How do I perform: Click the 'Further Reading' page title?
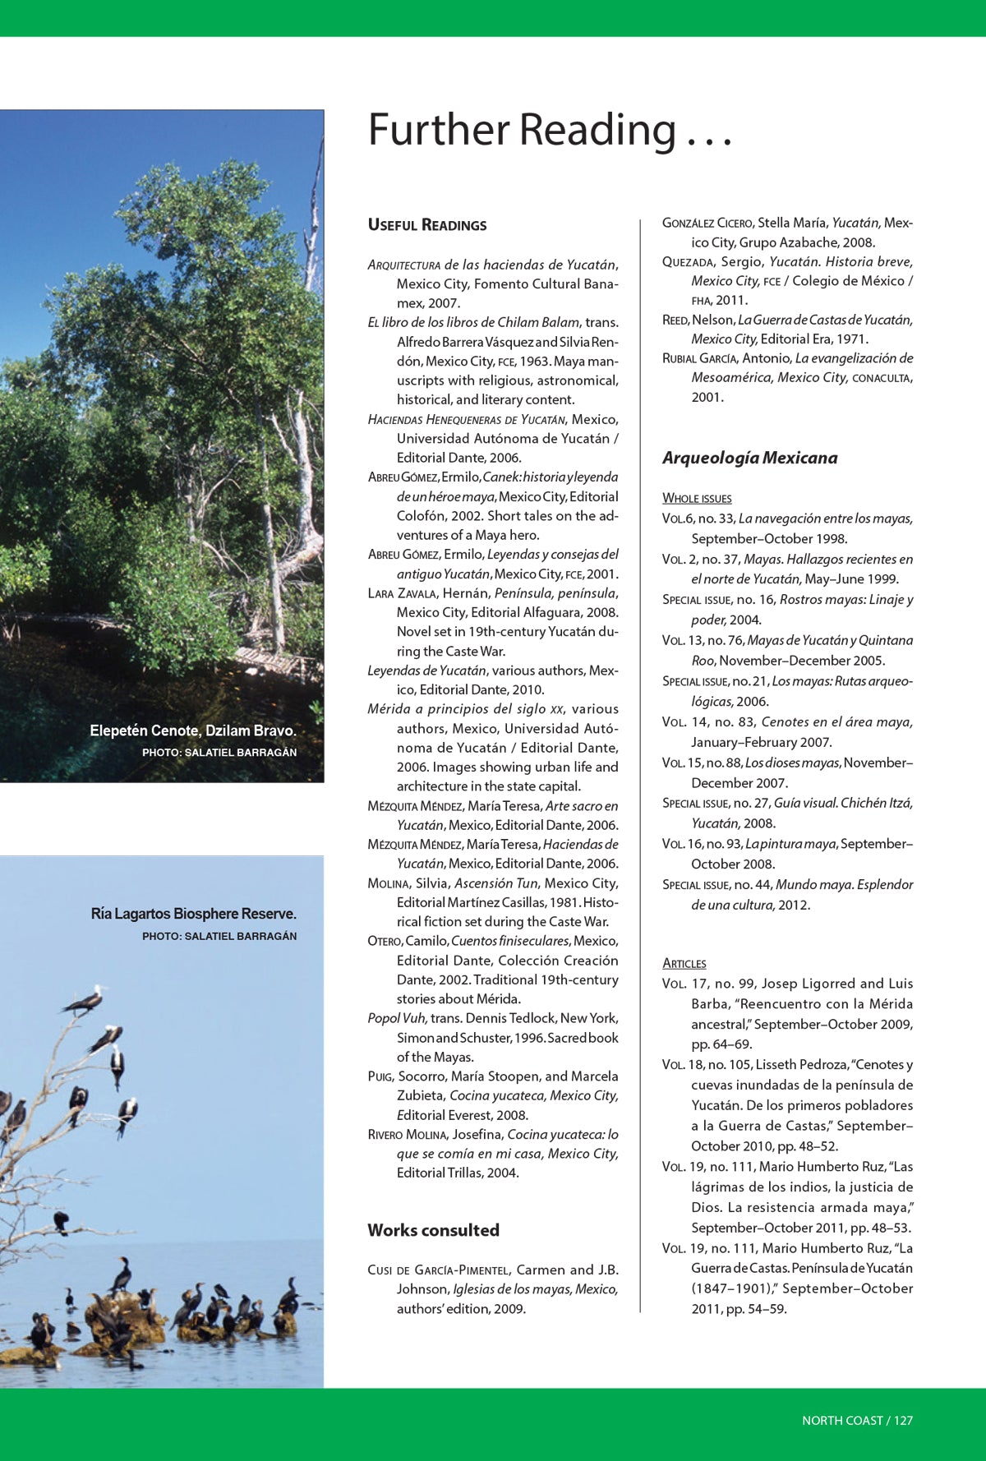point(549,131)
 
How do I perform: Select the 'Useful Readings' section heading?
point(426,225)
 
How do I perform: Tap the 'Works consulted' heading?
point(433,1230)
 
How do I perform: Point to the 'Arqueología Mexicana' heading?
point(749,458)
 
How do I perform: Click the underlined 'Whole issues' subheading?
point(697,498)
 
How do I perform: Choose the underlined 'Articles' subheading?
point(684,963)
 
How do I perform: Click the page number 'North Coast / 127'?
point(857,1420)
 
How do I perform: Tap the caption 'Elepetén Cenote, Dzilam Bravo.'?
point(193,730)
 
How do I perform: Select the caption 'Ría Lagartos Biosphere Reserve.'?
point(194,914)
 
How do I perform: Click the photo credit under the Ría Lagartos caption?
point(219,936)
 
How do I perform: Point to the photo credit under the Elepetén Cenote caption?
point(219,752)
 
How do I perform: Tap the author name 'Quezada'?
point(689,262)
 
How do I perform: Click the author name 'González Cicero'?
point(707,223)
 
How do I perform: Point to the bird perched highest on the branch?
point(85,1000)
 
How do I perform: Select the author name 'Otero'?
point(384,941)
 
